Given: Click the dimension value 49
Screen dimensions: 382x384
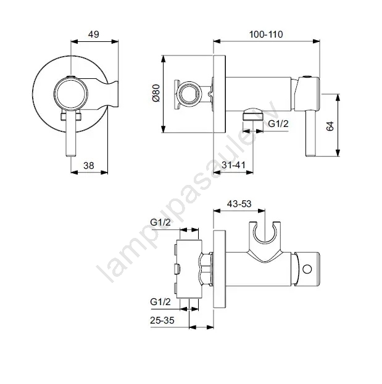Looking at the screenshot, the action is (x=94, y=35).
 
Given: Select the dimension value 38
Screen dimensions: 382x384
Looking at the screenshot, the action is (x=88, y=166).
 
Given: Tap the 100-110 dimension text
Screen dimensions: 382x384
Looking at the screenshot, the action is (x=266, y=35).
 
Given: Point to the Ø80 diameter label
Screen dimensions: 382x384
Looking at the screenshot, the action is (x=156, y=93).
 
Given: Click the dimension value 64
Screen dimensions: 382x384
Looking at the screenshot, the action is (x=330, y=126).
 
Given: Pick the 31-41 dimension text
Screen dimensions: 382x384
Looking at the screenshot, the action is (x=233, y=165).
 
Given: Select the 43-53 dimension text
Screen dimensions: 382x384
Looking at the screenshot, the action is (x=239, y=204).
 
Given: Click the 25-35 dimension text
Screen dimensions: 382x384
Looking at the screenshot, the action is (x=162, y=320).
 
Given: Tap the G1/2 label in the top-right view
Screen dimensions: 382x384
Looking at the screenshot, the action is (x=278, y=124).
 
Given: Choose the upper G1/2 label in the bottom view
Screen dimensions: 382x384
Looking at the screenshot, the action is (x=160, y=223).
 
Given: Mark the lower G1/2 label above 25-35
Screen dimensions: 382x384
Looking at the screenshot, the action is (x=160, y=302).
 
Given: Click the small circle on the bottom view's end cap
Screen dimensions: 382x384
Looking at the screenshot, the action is (x=307, y=269).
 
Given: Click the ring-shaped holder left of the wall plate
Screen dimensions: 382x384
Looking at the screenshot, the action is (x=189, y=94).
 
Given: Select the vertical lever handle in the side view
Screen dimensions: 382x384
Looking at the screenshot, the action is (x=310, y=133).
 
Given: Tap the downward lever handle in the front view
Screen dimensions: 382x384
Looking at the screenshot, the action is (x=72, y=133).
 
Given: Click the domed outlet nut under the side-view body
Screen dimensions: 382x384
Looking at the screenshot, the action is (x=252, y=115).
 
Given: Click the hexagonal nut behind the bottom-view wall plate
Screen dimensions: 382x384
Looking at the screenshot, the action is (x=207, y=269).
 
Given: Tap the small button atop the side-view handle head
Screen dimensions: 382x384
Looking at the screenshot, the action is (x=307, y=76).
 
